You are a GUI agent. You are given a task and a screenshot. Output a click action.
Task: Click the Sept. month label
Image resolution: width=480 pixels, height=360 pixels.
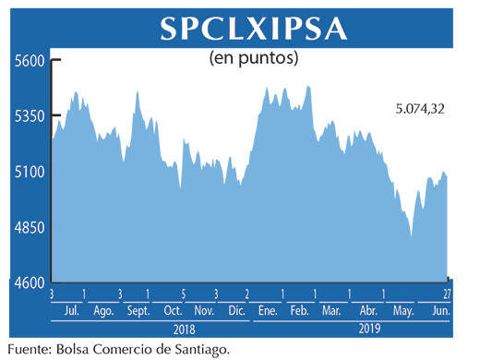pos(138,311)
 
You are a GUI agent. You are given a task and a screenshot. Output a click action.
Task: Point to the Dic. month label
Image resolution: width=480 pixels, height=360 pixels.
pos(235,311)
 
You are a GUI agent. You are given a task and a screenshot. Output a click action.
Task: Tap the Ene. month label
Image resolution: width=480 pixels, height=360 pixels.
pos(270,311)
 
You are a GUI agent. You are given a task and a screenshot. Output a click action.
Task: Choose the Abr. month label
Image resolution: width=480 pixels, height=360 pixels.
pos(368,311)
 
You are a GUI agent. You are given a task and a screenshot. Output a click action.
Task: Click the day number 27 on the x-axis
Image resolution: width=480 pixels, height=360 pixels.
pos(447,294)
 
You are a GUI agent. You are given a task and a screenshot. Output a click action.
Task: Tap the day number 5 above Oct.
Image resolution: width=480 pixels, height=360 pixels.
pos(184,294)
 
